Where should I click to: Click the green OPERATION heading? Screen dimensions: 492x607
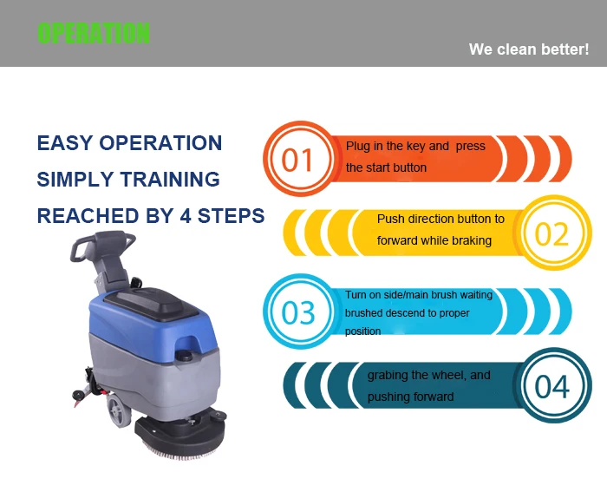pos(94,33)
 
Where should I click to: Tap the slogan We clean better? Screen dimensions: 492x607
pos(528,49)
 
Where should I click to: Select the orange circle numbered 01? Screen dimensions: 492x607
pos(297,160)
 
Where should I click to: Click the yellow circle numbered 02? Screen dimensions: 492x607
pos(552,234)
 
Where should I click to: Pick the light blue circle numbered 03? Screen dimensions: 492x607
pos(298,312)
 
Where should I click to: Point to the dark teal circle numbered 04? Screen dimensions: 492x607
pos(552,386)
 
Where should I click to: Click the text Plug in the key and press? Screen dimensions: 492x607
pos(415,147)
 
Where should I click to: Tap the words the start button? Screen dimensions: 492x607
pos(386,167)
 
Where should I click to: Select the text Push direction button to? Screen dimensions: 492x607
pos(441,220)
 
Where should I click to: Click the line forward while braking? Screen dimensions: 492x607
pos(434,240)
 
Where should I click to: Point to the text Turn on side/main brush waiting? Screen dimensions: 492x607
pos(418,295)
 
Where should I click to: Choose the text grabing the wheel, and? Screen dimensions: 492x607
pos(428,376)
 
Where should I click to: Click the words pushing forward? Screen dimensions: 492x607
pos(410,397)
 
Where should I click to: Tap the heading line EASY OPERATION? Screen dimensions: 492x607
pos(129,143)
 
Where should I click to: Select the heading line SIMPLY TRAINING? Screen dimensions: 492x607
pos(128,180)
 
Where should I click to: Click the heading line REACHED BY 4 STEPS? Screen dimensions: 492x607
pos(151,216)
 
